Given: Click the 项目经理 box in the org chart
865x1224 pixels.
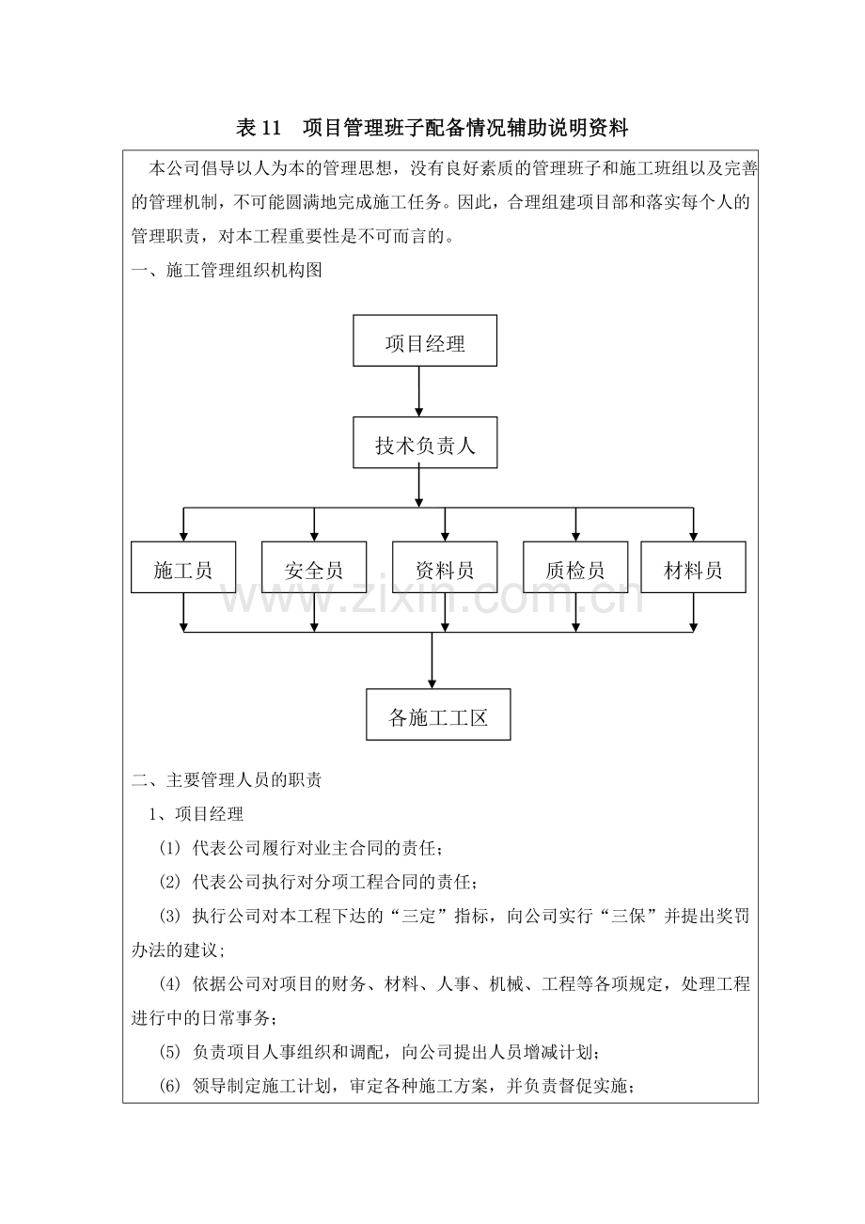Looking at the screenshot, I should pyautogui.click(x=425, y=342).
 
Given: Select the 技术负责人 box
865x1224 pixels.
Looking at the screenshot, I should pyautogui.click(x=425, y=443).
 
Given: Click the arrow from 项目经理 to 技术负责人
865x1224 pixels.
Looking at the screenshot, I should pyautogui.click(x=418, y=391).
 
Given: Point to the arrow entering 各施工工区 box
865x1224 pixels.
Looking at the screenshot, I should pyautogui.click(x=432, y=662).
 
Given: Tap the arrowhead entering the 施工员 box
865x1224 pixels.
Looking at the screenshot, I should pyautogui.click(x=183, y=536).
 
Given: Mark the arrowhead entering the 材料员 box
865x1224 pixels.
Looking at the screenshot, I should pyautogui.click(x=694, y=536).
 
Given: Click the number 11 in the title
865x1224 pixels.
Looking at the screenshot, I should pyautogui.click(x=272, y=127).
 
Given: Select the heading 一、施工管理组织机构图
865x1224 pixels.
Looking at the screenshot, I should pyautogui.click(x=227, y=271).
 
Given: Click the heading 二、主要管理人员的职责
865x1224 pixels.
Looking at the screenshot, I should pyautogui.click(x=227, y=779).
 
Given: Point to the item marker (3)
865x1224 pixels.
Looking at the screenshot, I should pyautogui.click(x=170, y=916).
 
